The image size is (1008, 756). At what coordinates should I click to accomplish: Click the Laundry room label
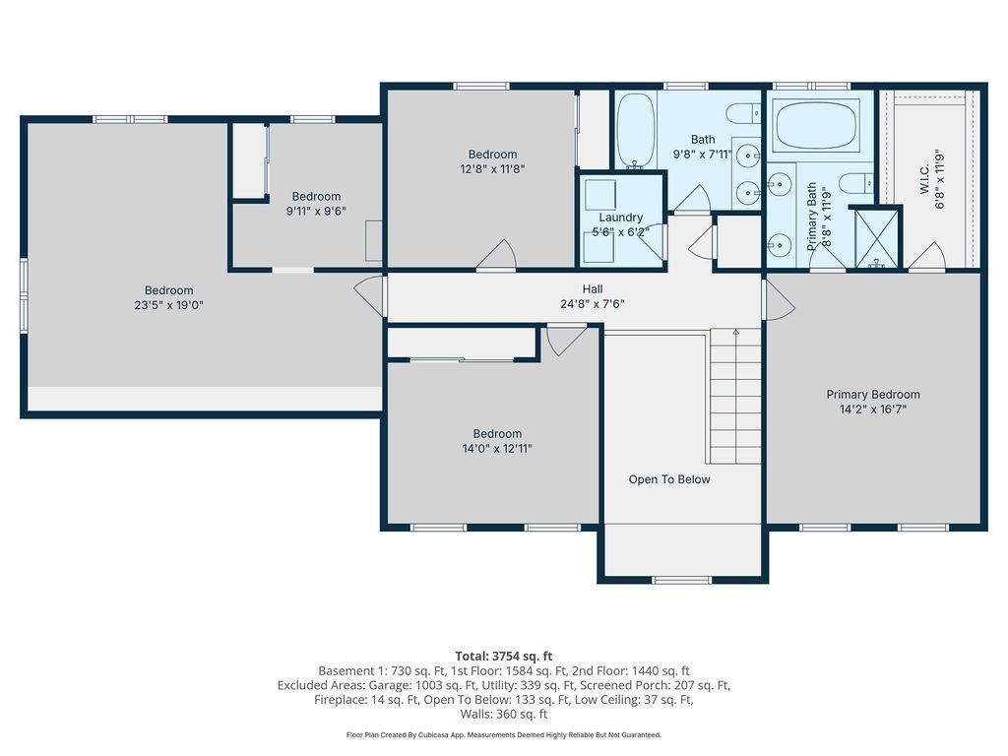click(620, 218)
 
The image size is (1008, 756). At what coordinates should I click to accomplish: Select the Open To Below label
click(669, 479)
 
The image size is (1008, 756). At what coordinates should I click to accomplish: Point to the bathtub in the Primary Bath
click(817, 125)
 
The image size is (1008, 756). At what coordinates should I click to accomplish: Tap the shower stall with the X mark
click(875, 237)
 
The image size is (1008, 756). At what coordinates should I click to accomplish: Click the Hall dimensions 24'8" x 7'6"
click(592, 304)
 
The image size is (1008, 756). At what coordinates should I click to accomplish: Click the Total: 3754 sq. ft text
click(503, 656)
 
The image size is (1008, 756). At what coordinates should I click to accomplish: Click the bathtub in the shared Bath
click(635, 130)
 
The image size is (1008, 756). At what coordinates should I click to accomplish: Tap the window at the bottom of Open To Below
click(682, 579)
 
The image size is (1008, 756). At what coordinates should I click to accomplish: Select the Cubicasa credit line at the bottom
click(503, 734)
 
